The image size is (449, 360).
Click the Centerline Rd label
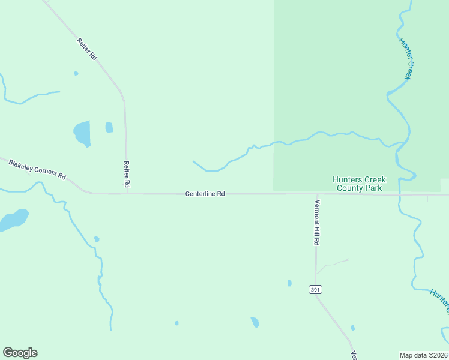205,194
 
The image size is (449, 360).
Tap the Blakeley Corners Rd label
37,169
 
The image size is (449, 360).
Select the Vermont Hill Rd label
316,222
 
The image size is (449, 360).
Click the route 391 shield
315,289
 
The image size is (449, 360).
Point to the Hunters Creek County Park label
360,184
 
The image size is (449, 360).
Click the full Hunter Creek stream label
406,59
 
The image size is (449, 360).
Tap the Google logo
20,353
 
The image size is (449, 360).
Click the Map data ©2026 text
424,355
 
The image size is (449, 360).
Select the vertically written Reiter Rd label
127,174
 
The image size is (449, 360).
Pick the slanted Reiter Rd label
87,49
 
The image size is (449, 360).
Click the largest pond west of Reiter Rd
82,133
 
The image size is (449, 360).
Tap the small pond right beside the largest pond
109,127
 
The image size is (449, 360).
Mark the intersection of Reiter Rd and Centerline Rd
127,193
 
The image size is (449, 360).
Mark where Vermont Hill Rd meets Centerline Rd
316,194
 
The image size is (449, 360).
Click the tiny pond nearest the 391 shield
289,283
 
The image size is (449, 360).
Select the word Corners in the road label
47,172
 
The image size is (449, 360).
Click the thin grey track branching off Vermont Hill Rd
333,263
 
